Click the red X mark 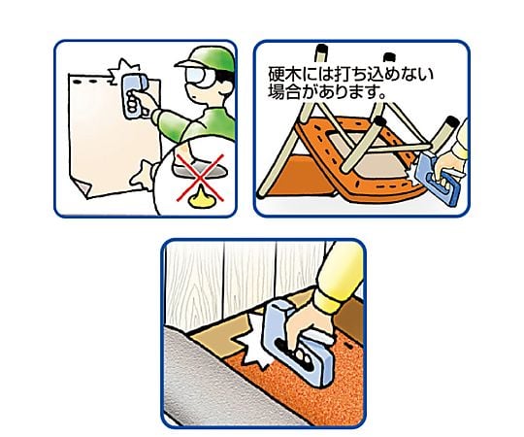click(201, 179)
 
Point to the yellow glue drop click(201, 200)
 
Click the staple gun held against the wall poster click(135, 95)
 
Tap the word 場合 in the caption click(283, 91)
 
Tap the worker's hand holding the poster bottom click(143, 176)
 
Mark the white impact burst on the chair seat click(413, 174)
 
